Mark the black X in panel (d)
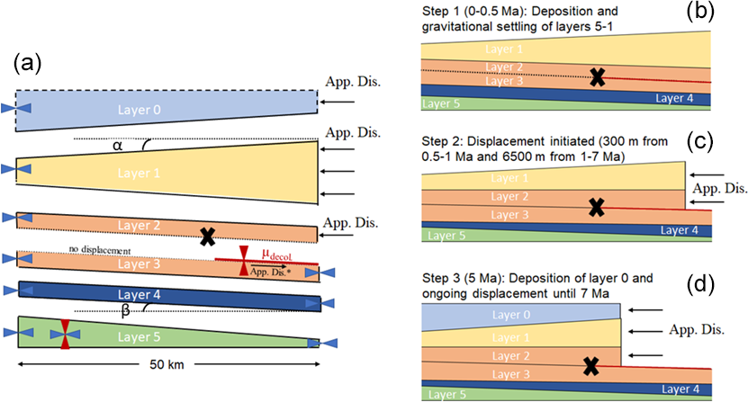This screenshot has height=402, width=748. (591, 365)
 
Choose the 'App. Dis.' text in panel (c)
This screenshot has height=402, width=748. (716, 189)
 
